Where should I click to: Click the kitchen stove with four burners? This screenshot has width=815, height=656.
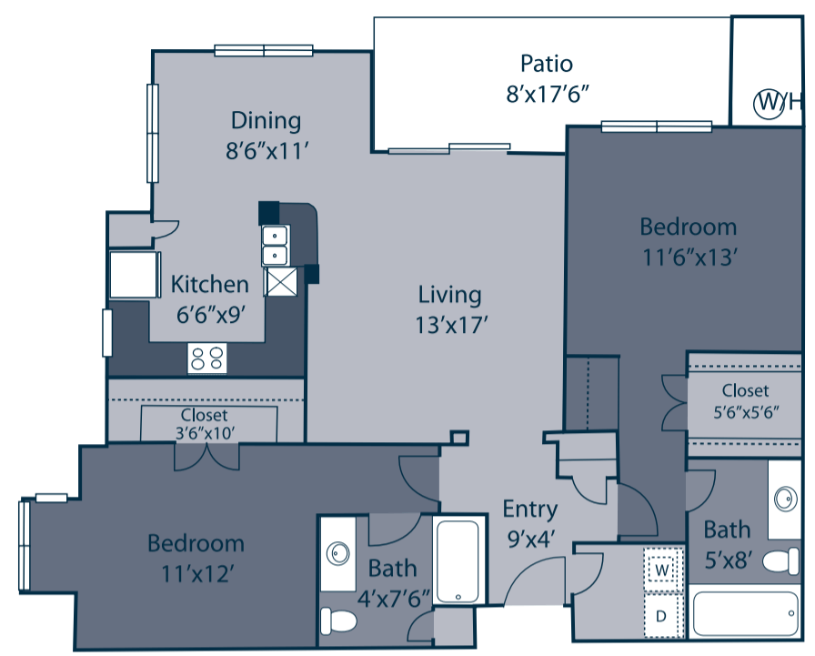click(x=206, y=358)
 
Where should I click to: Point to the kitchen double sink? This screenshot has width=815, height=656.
click(x=275, y=245)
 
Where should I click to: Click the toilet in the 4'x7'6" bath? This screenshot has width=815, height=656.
click(x=339, y=621)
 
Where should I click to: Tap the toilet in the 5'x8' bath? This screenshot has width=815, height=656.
click(x=780, y=561)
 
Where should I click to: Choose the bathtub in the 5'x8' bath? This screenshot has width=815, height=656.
click(x=745, y=615)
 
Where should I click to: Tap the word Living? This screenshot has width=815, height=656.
click(x=449, y=294)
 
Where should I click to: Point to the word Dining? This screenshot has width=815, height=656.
click(x=266, y=120)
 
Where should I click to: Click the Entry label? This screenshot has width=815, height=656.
click(x=529, y=509)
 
